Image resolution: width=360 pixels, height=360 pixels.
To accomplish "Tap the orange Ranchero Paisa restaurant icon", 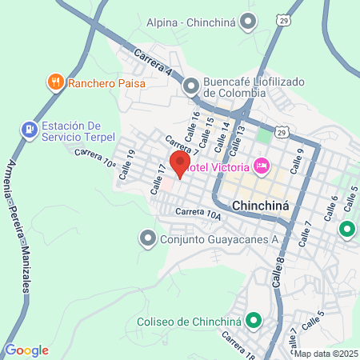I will point(55,81).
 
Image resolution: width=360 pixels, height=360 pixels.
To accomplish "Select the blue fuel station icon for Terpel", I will point(29,128).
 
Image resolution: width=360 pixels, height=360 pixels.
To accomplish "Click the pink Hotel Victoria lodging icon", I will point(259,166).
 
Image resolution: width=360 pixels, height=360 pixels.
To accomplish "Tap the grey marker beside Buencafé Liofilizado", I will point(190,86).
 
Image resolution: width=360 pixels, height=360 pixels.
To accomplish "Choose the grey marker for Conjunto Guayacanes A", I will point(147,238).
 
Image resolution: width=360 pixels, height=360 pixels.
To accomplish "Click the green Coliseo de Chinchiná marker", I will point(254,322).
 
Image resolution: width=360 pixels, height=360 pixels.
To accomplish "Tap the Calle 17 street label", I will point(158,179).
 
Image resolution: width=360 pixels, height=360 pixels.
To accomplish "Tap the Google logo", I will point(26,350).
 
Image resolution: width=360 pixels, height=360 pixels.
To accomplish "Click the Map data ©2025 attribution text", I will point(327,353).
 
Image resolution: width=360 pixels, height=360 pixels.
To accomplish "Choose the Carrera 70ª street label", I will point(95,156).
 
